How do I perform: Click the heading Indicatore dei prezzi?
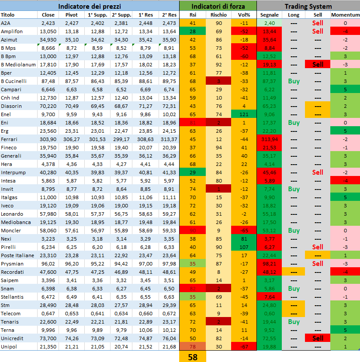(90, 6)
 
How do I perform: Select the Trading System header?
(308, 6)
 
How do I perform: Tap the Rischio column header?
(218, 15)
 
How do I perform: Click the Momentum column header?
(345, 15)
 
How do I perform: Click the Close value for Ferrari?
(48, 139)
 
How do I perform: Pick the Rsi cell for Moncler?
(193, 231)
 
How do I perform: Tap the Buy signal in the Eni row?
(294, 123)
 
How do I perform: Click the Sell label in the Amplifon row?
(318, 31)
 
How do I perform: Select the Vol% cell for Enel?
(244, 114)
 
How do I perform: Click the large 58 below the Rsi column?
(192, 357)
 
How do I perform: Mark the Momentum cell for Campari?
(345, 90)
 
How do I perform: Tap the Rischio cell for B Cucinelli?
(218, 81)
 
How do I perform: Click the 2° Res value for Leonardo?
(169, 214)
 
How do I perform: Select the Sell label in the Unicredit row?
(318, 338)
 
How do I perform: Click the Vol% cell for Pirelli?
(244, 247)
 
